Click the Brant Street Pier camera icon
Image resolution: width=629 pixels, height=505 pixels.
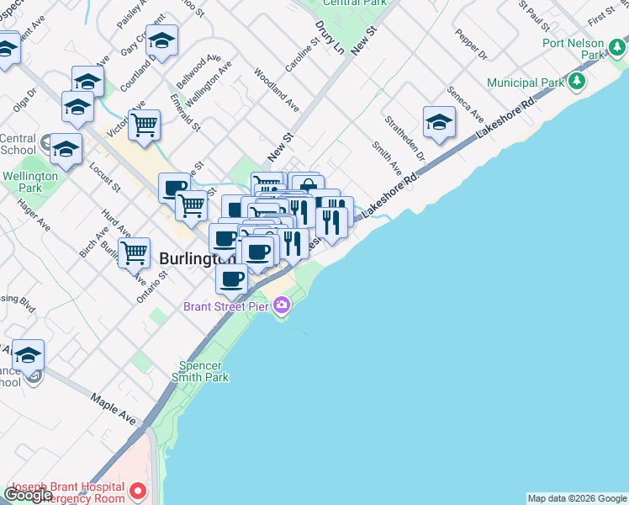[282, 306]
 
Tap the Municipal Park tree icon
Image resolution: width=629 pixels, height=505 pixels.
[576, 82]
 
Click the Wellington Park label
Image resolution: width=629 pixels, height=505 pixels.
[29, 182]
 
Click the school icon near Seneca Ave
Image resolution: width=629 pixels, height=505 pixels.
[438, 123]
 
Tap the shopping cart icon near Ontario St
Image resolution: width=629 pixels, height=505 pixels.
[134, 252]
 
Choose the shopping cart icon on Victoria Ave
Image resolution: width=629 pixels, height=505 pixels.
[145, 125]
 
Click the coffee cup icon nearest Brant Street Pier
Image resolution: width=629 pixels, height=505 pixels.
[231, 278]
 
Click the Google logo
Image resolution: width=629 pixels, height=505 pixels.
[28, 495]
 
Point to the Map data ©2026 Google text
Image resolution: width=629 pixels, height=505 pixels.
[577, 498]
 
